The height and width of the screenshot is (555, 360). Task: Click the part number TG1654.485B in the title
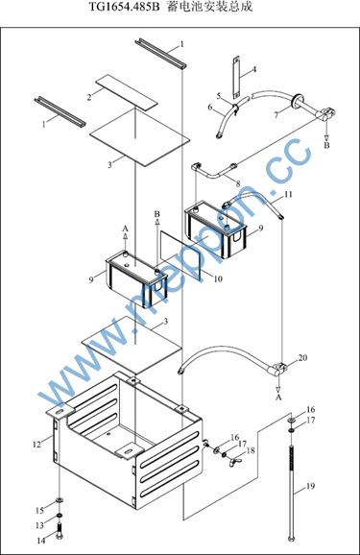124,7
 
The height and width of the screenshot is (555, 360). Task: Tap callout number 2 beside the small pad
89,97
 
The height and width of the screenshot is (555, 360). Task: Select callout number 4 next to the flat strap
253,69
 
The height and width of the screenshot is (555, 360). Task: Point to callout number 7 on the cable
276,114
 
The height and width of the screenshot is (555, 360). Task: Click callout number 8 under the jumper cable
238,183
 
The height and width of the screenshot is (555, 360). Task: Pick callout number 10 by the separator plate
218,278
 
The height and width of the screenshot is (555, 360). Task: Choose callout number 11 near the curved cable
289,194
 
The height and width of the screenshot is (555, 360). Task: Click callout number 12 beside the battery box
36,445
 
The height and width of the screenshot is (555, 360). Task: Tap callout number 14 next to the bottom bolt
41,541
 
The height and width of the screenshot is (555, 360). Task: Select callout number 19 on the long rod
310,486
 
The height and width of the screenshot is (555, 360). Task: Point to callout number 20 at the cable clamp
302,358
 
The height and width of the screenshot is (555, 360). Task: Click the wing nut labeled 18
235,461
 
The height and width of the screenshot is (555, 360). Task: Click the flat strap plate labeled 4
236,78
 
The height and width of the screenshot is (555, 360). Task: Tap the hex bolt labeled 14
60,531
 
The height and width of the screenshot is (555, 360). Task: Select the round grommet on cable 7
297,100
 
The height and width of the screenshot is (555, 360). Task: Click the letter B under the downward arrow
326,145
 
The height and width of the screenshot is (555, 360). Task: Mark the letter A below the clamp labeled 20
278,398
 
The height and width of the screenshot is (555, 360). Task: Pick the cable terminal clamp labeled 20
278,369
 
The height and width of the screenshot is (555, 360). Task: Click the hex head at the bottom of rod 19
291,539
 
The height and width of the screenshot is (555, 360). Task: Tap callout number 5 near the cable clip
219,96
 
